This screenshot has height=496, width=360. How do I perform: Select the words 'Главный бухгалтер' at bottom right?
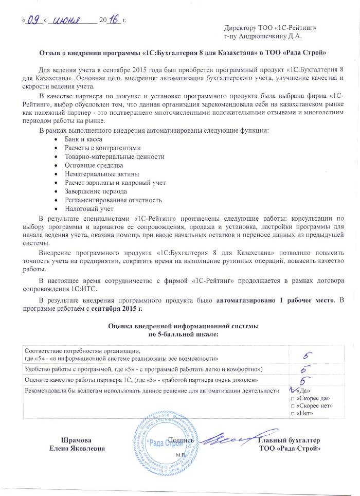tap(289, 440)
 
